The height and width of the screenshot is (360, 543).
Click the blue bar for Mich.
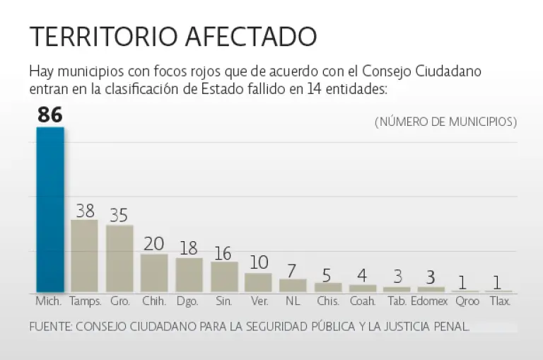[x=50, y=209]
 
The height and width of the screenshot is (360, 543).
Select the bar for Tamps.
[x=84, y=255]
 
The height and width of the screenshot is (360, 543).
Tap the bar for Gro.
[x=119, y=258]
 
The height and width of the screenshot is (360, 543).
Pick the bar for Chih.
[x=154, y=272]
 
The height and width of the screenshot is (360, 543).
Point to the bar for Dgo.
[x=189, y=274]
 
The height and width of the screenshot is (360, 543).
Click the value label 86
[x=50, y=115]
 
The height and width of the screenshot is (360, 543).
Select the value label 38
[x=85, y=210]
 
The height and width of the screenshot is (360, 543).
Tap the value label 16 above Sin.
[x=223, y=252]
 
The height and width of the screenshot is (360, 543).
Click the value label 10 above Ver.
[x=259, y=262]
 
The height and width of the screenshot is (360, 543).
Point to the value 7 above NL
[x=293, y=269]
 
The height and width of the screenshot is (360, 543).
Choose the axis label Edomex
[x=431, y=301]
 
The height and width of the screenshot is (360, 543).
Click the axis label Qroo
[x=467, y=301]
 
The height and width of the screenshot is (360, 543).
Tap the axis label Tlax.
[x=500, y=301]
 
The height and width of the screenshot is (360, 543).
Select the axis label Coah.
[x=363, y=301]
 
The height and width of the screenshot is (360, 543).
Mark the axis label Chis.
[x=327, y=301]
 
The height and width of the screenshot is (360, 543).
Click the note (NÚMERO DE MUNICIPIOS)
[x=445, y=122]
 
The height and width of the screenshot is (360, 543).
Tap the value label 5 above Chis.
[x=328, y=273]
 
